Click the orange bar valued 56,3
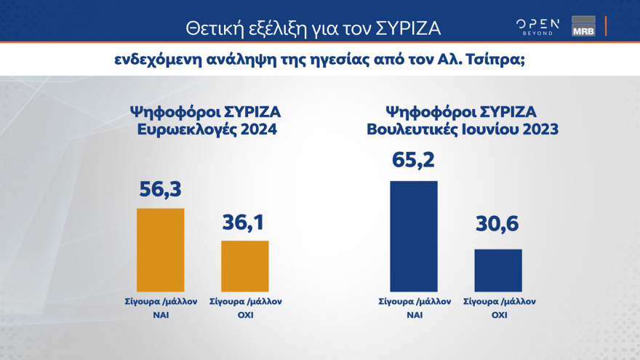(x=161, y=249)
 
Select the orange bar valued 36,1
(x=244, y=265)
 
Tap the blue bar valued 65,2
(x=414, y=236)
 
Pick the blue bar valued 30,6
(x=498, y=270)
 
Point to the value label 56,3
(x=160, y=191)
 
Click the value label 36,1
(x=244, y=222)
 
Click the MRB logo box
(x=583, y=25)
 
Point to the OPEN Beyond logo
(x=537, y=26)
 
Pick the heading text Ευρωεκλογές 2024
(x=204, y=129)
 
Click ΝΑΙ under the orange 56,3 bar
(x=161, y=316)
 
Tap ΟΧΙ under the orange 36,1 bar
(x=245, y=316)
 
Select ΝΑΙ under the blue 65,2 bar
(x=414, y=316)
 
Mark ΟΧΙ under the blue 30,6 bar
(x=498, y=316)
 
